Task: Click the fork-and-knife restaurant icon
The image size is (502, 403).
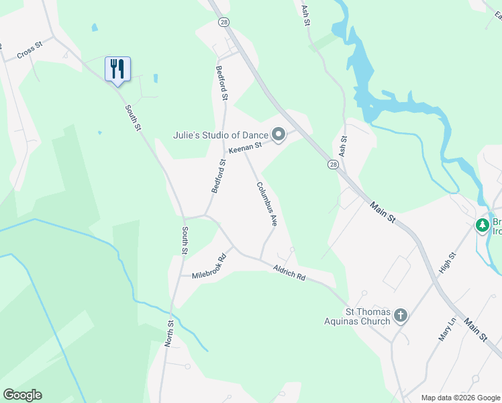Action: pos(117,69)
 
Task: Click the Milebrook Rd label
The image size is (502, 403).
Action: pos(209,266)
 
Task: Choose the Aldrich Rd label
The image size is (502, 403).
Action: pos(289,272)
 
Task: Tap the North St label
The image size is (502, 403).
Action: pos(170,333)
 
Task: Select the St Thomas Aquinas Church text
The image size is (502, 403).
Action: pos(367,316)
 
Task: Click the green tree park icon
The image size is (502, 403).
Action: pos(482,225)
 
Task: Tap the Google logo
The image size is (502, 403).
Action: pos(22,395)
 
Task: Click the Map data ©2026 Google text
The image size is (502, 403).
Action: pos(460,398)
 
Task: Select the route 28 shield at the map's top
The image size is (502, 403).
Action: pos(223,22)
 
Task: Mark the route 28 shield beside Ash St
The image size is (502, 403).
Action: pos(333,164)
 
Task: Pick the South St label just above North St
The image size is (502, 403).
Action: pos(184,240)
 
